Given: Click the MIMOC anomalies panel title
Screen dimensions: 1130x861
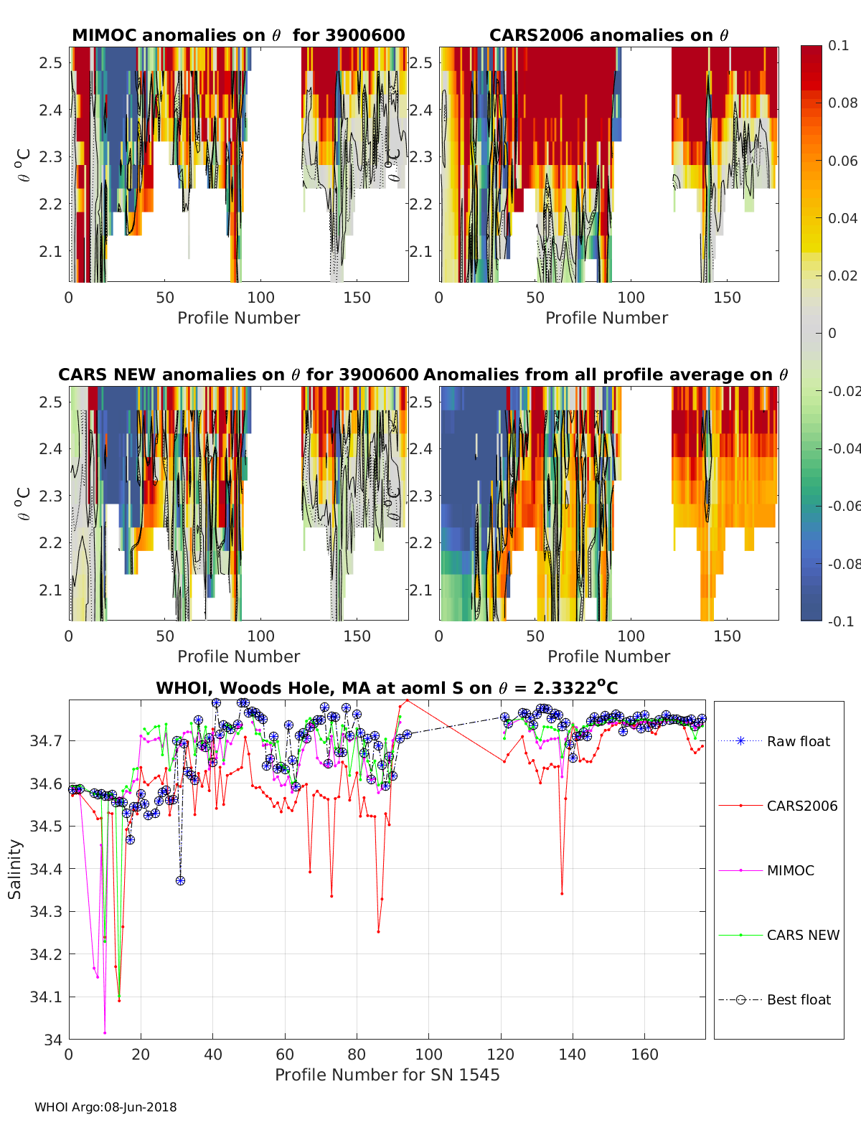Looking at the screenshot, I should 238,35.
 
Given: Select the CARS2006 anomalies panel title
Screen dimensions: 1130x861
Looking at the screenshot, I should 608,35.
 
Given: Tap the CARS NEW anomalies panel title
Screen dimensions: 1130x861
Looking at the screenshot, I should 238,375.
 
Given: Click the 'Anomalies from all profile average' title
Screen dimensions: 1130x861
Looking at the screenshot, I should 606,375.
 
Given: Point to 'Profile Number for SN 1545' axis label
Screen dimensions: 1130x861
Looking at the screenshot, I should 387,1075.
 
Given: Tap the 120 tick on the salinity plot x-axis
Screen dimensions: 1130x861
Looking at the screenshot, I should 501,1055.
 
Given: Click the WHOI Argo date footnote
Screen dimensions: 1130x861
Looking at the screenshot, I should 105,1107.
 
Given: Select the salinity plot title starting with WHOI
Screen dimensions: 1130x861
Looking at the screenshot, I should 387,688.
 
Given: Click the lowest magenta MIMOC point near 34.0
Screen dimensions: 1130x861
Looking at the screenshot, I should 105,1032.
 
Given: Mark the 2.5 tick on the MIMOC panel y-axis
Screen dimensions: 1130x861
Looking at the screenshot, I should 51,63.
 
